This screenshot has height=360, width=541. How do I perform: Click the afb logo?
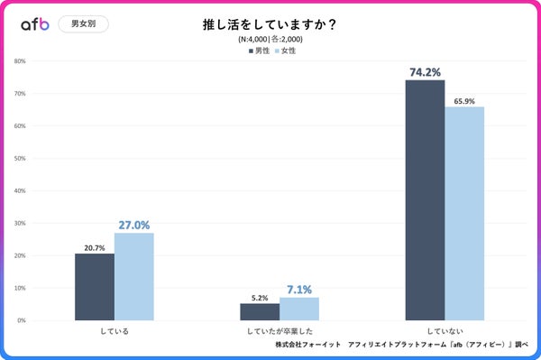pos(34,24)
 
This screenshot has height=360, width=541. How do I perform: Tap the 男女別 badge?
pos(83,24)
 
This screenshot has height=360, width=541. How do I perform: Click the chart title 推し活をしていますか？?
pos(270,24)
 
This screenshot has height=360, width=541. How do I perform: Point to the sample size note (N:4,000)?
pos(270,40)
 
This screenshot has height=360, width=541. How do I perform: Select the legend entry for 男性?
pos(259,51)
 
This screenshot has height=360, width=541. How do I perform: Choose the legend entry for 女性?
pos(285,51)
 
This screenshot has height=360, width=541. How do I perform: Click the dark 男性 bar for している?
pos(95,287)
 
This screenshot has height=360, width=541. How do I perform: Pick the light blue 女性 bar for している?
pos(133,277)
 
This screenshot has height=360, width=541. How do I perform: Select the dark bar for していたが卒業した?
pos(260,311)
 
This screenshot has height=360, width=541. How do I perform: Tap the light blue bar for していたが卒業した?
pos(298,309)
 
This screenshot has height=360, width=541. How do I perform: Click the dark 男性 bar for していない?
pos(425,200)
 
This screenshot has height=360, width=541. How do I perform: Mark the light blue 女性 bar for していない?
pos(464,214)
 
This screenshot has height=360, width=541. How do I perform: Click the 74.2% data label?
pos(425,71)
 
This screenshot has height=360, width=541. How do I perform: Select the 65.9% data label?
pos(464,100)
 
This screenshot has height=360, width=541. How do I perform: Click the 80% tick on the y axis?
pos(20,61)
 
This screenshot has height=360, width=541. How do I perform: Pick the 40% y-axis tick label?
pos(20,190)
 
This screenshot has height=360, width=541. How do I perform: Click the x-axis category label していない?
pos(445,331)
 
